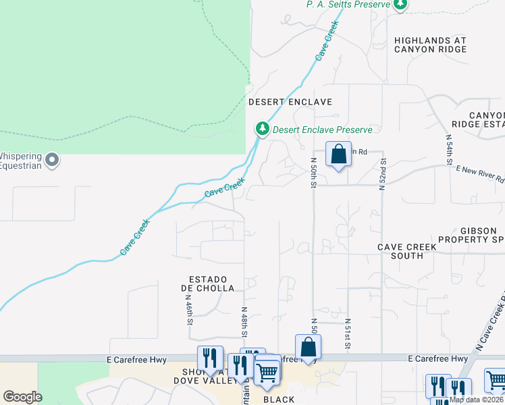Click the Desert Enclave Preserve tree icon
click(261, 129)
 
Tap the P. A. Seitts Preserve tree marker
click(400, 4)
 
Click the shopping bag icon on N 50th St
click(338, 154)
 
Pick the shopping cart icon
click(267, 371)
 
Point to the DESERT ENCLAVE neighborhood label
click(290, 102)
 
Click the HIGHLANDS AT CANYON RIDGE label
click(430, 45)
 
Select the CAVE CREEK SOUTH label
click(406, 252)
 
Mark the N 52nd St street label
click(382, 175)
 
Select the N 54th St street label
click(448, 149)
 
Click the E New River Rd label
click(480, 174)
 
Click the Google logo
click(23, 397)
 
